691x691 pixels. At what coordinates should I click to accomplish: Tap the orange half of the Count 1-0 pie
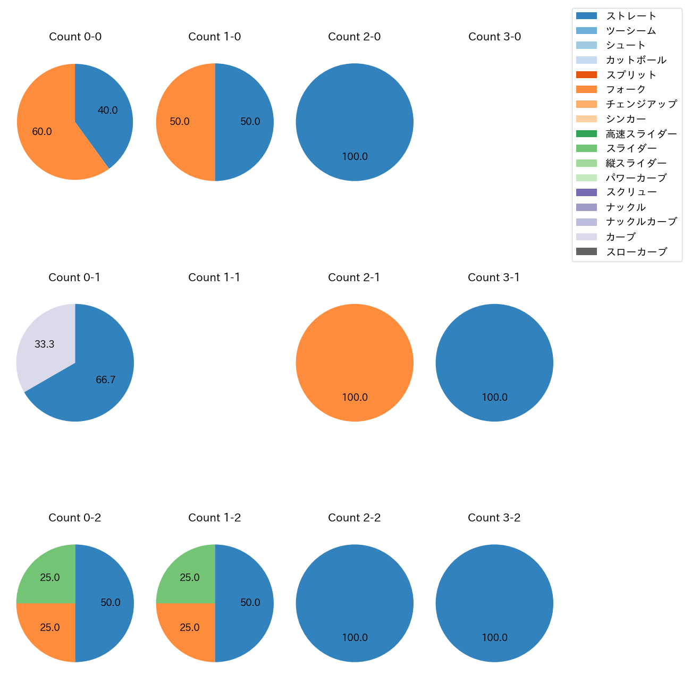(183, 122)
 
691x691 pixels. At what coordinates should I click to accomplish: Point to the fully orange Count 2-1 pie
(355, 363)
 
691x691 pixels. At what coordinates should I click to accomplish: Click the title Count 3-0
(494, 37)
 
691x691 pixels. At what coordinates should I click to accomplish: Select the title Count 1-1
(214, 277)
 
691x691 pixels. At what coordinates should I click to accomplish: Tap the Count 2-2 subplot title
(355, 518)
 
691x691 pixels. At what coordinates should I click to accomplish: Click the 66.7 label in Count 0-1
(106, 380)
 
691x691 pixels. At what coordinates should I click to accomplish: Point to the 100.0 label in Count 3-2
(495, 637)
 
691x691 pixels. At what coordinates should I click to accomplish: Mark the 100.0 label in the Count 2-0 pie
(355, 157)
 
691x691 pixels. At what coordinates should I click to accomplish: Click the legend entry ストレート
(631, 16)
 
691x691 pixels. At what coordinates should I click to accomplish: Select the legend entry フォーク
(626, 89)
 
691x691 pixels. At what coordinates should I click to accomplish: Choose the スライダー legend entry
(631, 148)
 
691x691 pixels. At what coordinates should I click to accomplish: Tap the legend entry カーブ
(620, 237)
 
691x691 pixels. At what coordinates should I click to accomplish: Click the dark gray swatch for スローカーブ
(586, 251)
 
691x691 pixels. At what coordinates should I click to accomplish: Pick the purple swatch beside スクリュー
(586, 192)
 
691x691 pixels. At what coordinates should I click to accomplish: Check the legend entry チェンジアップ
(641, 104)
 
